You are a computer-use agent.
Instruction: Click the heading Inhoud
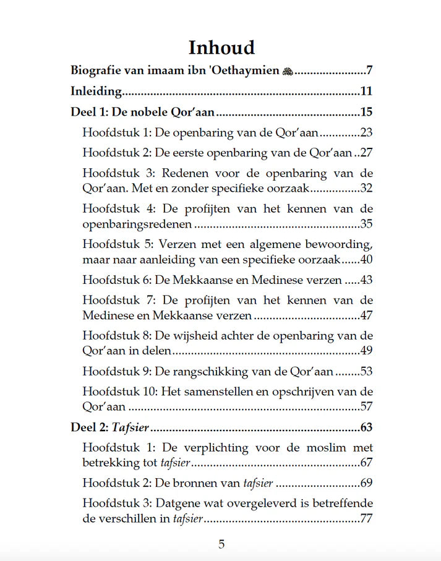pyautogui.click(x=221, y=48)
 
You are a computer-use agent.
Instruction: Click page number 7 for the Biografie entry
pyautogui.click(x=369, y=71)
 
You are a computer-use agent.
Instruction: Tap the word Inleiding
pyautogui.click(x=95, y=92)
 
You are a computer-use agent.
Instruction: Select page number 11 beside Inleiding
pyautogui.click(x=366, y=92)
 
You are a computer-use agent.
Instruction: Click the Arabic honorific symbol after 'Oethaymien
pyautogui.click(x=287, y=71)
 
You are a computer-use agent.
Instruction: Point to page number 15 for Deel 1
pyautogui.click(x=366, y=113)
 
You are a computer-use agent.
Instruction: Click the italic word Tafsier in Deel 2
pyautogui.click(x=131, y=427)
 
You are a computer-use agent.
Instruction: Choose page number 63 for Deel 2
pyautogui.click(x=366, y=427)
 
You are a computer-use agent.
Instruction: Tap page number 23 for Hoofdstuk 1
pyautogui.click(x=366, y=132)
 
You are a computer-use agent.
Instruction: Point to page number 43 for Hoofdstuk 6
pyautogui.click(x=366, y=280)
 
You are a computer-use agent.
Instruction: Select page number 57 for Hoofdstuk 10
pyautogui.click(x=366, y=407)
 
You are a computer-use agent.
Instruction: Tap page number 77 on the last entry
pyautogui.click(x=366, y=518)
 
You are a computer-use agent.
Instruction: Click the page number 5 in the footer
pyautogui.click(x=221, y=545)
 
